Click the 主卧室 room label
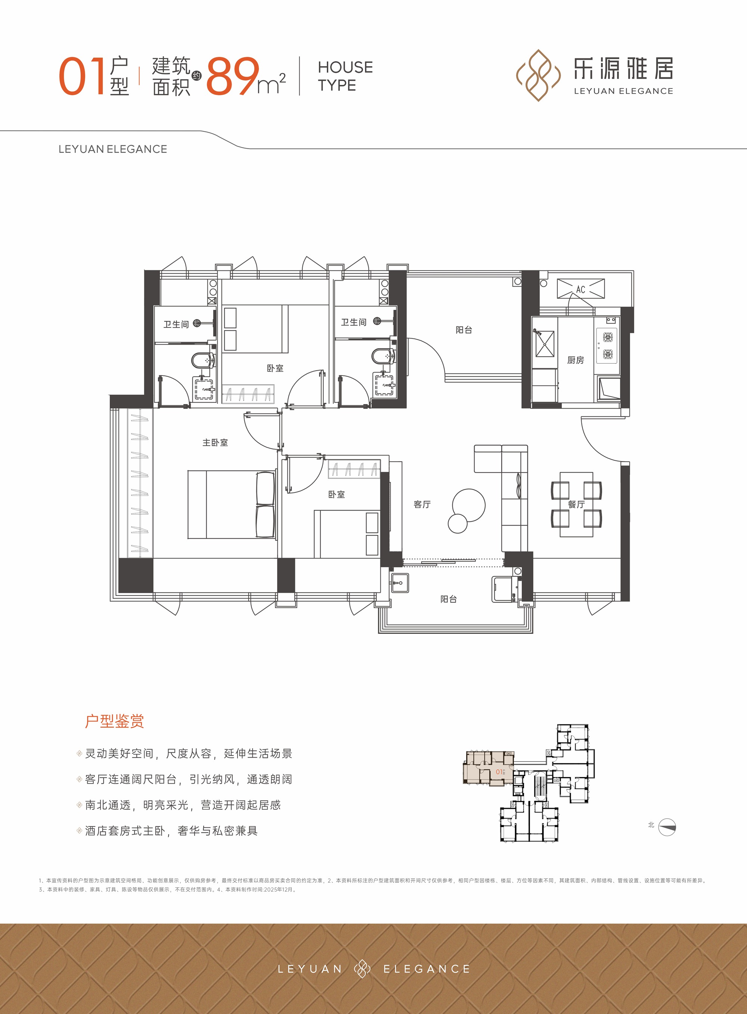215,443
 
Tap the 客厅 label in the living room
422,504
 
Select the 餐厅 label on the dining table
576,504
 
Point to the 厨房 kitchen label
575,360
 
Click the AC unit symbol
580,289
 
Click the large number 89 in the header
232,76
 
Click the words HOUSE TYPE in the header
345,76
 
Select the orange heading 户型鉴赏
114,721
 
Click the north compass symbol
667,827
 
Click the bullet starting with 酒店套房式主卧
167,831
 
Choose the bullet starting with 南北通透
179,805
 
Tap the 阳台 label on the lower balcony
449,599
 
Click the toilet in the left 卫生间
203,360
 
